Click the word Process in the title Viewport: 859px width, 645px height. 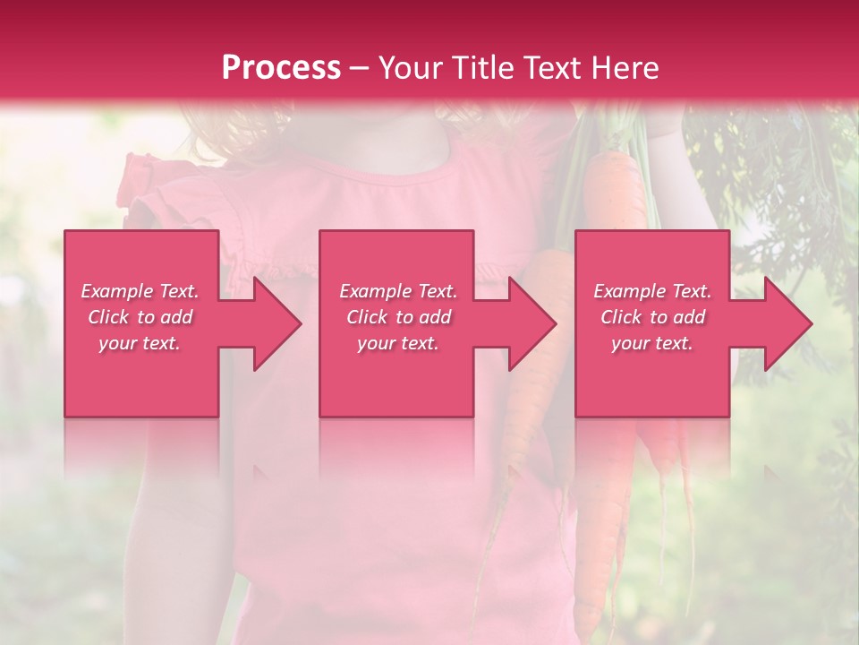tap(281, 67)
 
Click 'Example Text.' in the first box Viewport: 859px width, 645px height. tap(140, 291)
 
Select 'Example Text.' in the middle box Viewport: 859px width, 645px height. tap(398, 291)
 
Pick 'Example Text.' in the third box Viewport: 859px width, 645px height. tap(652, 291)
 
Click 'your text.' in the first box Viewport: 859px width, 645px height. tap(140, 343)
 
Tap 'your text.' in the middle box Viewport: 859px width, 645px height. tap(398, 343)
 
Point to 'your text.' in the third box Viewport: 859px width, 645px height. tap(652, 343)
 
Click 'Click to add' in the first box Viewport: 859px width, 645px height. tap(140, 317)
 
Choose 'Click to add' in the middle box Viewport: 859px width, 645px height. tap(398, 317)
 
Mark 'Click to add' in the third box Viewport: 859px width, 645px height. tap(652, 317)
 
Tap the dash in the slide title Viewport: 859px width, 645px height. tap(359, 68)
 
